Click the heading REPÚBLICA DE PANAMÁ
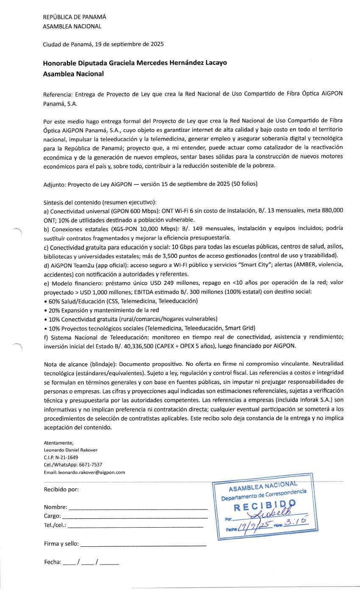[75, 17]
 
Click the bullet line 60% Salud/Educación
[121, 301]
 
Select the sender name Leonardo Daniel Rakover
[70, 450]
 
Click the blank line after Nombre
[138, 508]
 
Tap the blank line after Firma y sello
[143, 545]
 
